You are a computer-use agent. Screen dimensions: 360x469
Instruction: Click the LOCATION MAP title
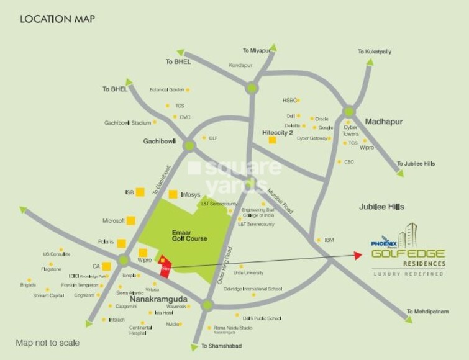tap(58, 19)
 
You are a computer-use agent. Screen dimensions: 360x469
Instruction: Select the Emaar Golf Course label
tap(189, 235)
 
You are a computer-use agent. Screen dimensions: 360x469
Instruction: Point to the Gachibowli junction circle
tap(189, 146)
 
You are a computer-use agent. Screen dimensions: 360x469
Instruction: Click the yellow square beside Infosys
tap(173, 194)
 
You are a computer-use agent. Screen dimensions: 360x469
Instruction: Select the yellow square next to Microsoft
tap(131, 220)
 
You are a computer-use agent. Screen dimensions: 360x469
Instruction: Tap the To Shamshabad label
tap(221, 346)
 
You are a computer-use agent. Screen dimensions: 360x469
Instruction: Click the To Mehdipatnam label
tap(428, 312)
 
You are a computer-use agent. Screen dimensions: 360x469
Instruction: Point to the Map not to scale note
tap(48, 343)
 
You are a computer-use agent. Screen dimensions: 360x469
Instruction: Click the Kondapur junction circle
tap(252, 88)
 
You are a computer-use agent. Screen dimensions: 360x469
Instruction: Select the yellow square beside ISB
tap(141, 192)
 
